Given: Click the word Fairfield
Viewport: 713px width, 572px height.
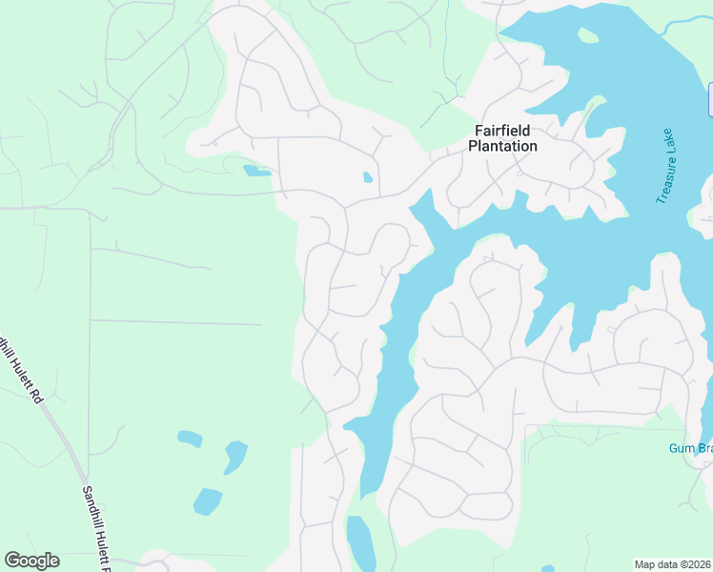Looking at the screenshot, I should click(x=502, y=131).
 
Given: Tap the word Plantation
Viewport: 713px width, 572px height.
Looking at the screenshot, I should click(x=502, y=146).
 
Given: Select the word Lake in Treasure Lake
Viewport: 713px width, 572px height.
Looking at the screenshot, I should click(x=668, y=139).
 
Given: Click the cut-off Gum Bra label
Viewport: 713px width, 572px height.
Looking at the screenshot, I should click(x=689, y=448).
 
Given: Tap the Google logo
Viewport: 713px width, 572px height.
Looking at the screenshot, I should click(x=31, y=561).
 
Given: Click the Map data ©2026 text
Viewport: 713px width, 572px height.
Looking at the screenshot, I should click(x=672, y=564).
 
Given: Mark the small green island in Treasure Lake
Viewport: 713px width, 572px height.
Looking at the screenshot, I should click(x=588, y=36).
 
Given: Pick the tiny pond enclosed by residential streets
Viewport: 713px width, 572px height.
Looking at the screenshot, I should click(x=368, y=177).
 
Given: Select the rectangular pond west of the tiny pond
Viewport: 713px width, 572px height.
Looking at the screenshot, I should click(x=255, y=172).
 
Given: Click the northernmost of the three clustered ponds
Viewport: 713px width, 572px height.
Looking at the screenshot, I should click(x=189, y=439).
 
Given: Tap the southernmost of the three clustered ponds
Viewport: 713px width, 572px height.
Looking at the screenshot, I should click(x=207, y=500).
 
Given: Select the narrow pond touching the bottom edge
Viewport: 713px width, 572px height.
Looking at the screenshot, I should click(x=360, y=543).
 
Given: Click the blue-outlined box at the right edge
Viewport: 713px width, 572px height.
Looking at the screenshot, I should click(x=710, y=100).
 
